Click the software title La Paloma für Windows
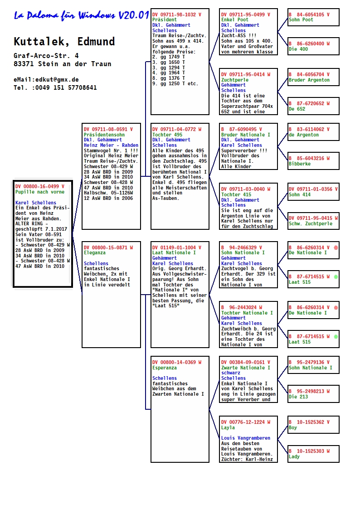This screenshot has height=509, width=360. [82, 15]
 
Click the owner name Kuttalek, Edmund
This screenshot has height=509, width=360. [64, 42]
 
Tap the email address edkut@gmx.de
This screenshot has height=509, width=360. [46, 79]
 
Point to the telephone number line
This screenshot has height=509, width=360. [55, 87]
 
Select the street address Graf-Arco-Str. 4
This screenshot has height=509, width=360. [46, 55]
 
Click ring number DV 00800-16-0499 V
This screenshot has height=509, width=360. [40, 186]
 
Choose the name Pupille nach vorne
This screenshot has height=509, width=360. [40, 192]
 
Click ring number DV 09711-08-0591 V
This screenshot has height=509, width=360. [108, 129]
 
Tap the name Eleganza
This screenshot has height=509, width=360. [94, 252]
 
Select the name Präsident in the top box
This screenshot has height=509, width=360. [165, 20]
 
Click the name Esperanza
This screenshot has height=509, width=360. [165, 368]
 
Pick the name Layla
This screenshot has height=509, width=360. [228, 427]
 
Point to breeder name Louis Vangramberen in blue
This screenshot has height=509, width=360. [246, 438]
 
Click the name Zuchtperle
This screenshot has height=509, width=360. [234, 79]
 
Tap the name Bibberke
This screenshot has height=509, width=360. [300, 164]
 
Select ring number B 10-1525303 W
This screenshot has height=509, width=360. [309, 451]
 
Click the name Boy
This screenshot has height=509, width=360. [293, 427]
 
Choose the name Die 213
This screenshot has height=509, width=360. [298, 397]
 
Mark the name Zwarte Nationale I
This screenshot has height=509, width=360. [246, 368]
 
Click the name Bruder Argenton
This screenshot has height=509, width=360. [309, 80]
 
